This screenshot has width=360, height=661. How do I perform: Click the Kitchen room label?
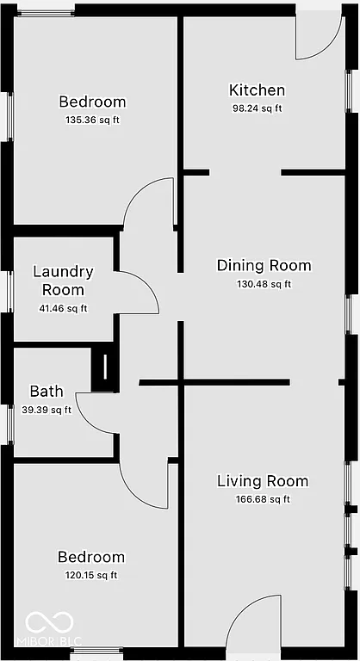(257, 90)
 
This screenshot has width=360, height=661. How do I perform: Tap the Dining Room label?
(264, 265)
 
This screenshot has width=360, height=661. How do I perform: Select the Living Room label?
(263, 481)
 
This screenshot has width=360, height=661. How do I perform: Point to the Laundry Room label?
(63, 281)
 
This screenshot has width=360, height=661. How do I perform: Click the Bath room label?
(47, 392)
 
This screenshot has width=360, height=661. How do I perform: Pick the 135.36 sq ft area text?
(92, 120)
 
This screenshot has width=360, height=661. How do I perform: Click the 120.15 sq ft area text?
(90, 576)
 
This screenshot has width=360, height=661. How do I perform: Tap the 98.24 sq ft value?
(257, 108)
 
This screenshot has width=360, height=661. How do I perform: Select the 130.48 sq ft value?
(264, 284)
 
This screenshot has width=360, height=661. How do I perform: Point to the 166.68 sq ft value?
(263, 499)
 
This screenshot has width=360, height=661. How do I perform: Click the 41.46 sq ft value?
(63, 308)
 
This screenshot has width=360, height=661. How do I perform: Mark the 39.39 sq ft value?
(47, 410)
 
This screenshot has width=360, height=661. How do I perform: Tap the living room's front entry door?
(257, 620)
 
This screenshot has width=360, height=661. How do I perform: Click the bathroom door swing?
(96, 411)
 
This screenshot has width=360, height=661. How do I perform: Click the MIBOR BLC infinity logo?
(41, 622)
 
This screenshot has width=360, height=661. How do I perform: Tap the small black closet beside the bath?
(103, 368)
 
